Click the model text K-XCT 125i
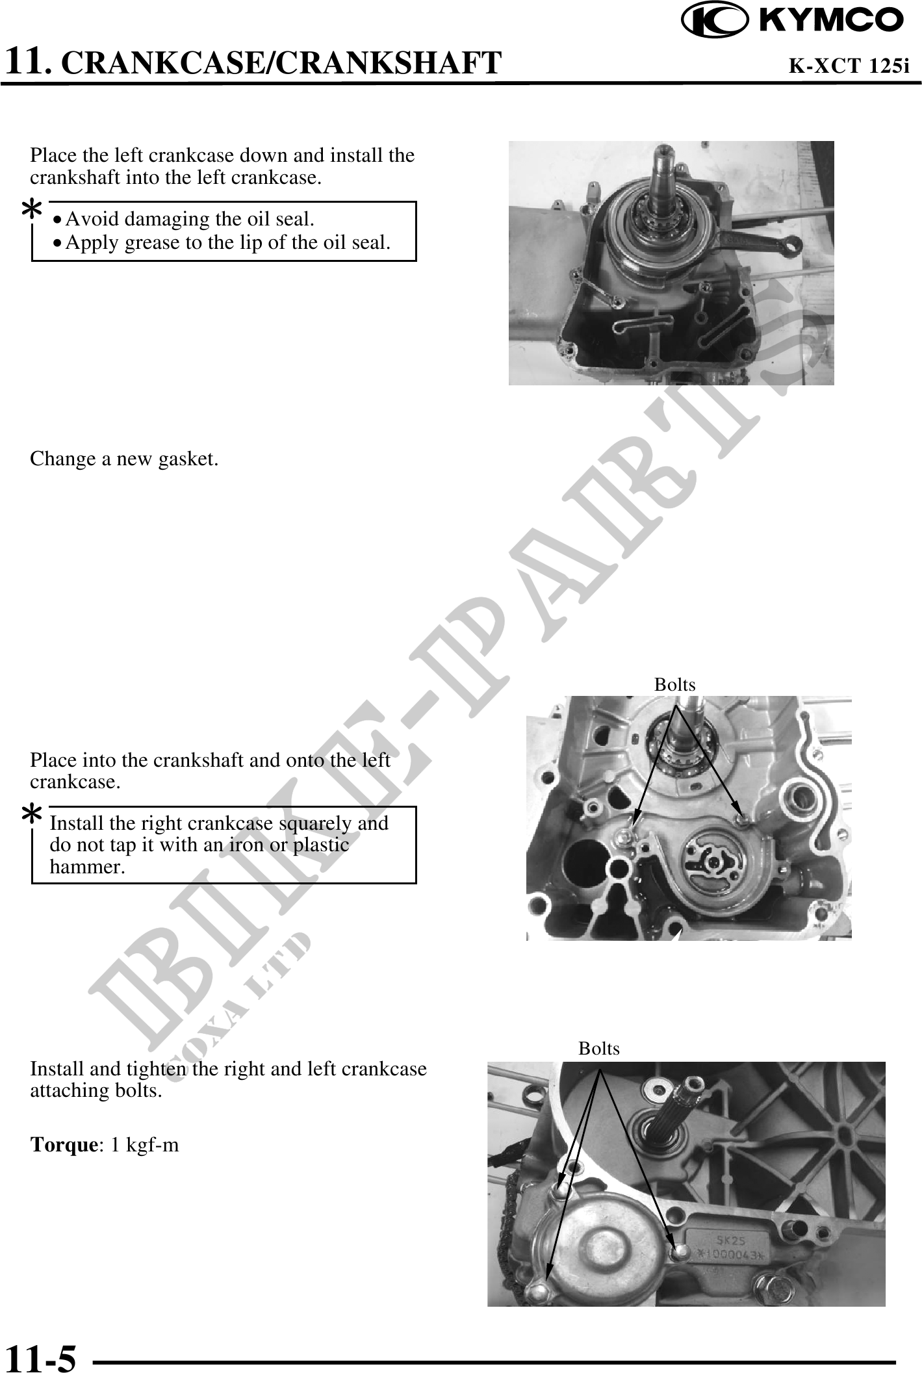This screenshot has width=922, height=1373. point(849,66)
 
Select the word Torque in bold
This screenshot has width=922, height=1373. point(64,1145)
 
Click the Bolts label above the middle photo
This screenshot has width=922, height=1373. point(674,685)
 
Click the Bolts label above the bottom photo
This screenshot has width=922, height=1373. point(599,1048)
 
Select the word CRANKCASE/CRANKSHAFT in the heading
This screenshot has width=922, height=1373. point(285,62)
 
